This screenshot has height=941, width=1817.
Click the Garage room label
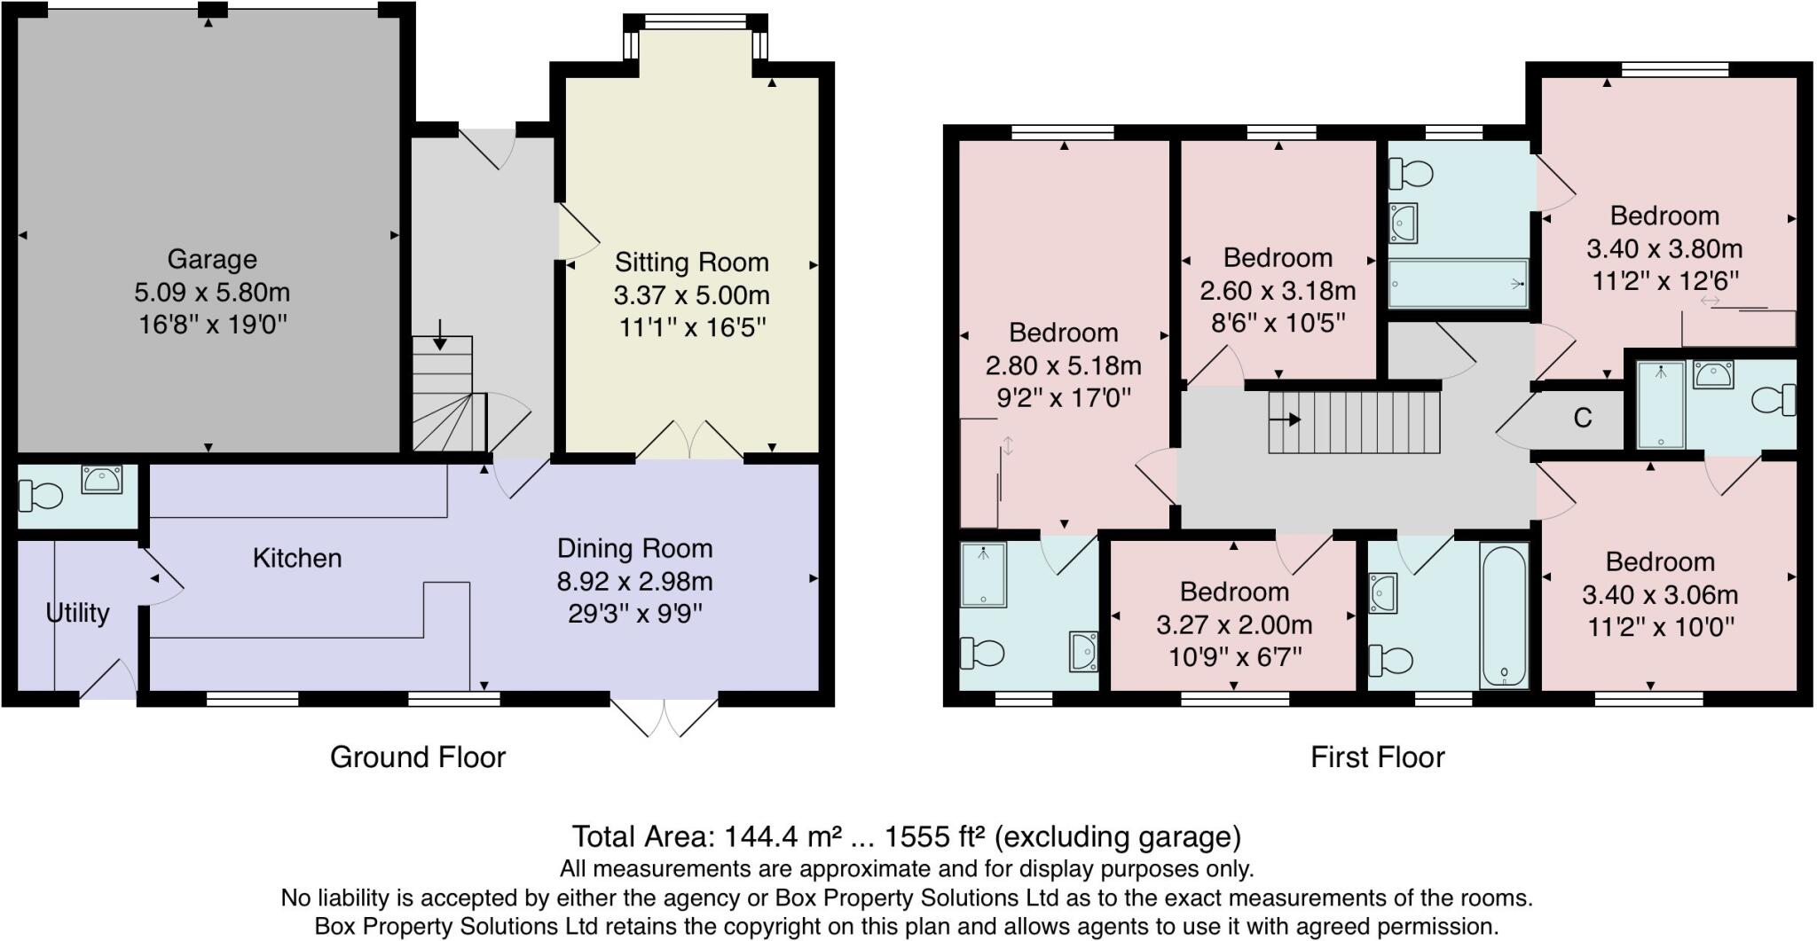(212, 259)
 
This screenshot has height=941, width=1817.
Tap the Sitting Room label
(691, 263)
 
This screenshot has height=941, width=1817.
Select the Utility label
(77, 613)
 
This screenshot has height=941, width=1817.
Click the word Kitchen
(296, 558)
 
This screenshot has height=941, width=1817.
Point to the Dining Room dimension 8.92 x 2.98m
(634, 582)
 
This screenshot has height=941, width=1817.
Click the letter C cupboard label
(1583, 418)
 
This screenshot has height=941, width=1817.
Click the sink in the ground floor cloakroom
(101, 480)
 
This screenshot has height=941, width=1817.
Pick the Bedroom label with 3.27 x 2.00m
(1233, 592)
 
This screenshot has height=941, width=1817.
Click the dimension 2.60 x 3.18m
(1278, 291)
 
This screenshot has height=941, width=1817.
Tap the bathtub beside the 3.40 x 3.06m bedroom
(1504, 615)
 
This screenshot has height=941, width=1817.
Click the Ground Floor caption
(417, 757)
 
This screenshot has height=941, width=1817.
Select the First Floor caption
(1377, 757)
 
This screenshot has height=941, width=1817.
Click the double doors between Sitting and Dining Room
(689, 441)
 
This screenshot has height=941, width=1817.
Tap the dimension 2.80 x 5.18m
(1063, 365)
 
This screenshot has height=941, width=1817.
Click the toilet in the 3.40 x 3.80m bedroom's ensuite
(1774, 400)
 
